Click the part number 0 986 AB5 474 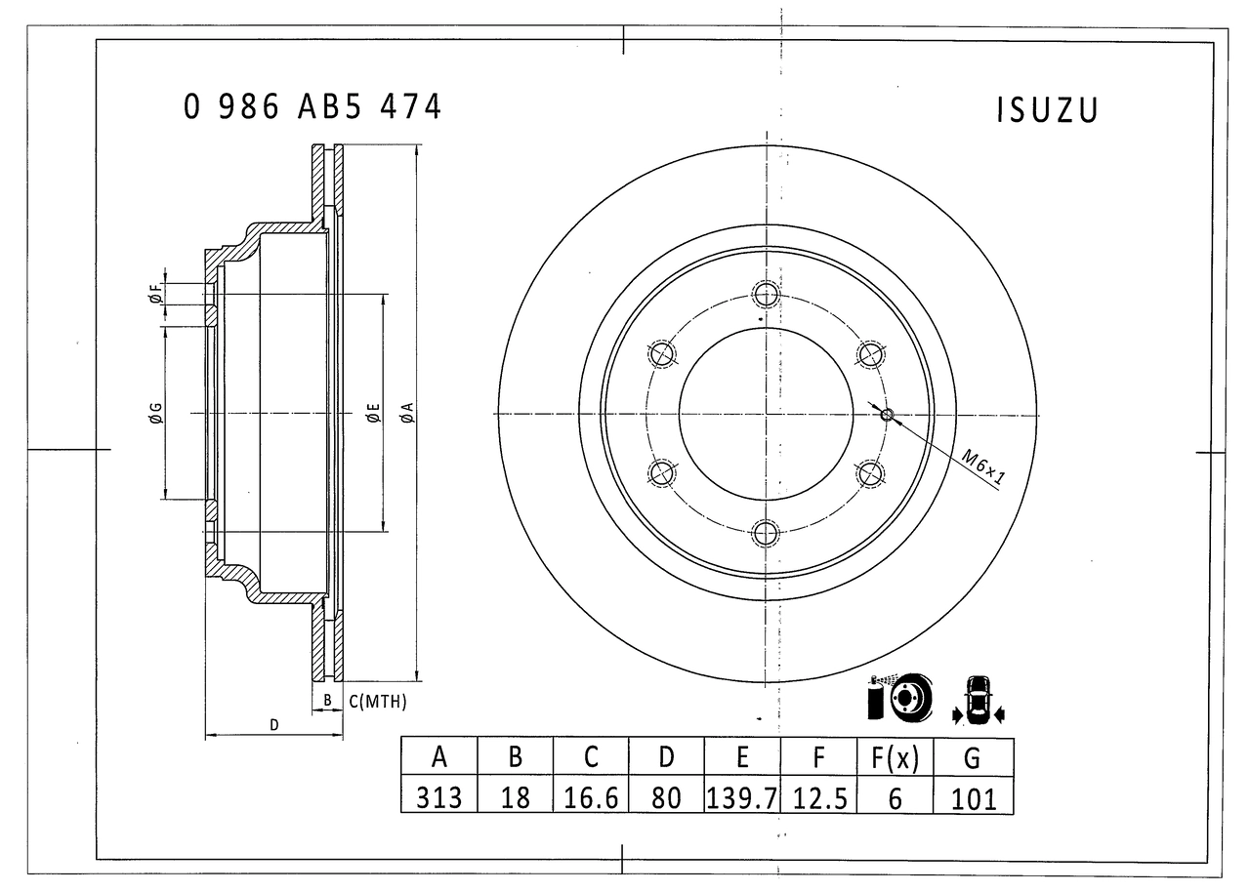[x=312, y=106]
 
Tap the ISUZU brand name [x=1047, y=110]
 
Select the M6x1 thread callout [x=983, y=466]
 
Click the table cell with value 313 [x=439, y=797]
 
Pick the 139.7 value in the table [x=742, y=797]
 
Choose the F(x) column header [x=895, y=756]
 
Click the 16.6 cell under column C [x=591, y=797]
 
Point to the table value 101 [x=973, y=797]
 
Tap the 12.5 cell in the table [x=818, y=797]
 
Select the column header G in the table [x=973, y=756]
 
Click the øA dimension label [x=408, y=413]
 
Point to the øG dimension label [x=155, y=413]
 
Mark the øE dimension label [x=373, y=413]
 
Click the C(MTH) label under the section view [x=377, y=701]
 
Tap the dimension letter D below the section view [x=274, y=725]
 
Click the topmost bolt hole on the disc [x=766, y=294]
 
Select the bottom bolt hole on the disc [x=766, y=533]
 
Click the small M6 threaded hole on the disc [x=887, y=415]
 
